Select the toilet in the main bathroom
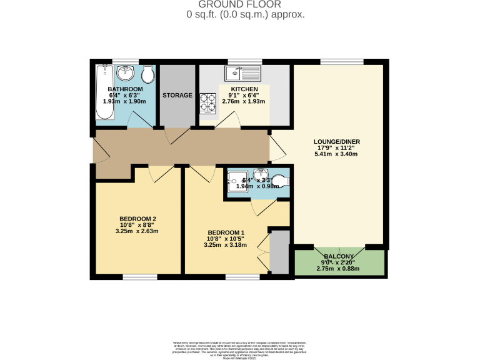coord(147,76)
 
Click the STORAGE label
coord(177,96)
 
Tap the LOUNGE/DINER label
coord(337,142)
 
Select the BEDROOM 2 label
coord(137,218)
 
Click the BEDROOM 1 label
coord(225,232)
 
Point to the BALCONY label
coord(338,257)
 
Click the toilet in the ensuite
coord(282,181)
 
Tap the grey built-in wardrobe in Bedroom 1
coord(279,251)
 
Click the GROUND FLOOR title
coord(246,4)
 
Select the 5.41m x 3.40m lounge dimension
coord(337,154)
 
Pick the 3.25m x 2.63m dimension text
coord(137,231)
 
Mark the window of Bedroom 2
coord(139,276)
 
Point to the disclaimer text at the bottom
coord(240,349)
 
